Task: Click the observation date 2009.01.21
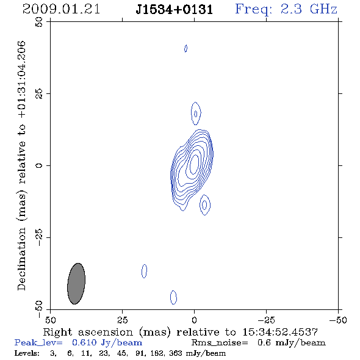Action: point(61,9)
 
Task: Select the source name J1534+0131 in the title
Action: point(175,10)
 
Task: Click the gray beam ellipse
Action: point(76,284)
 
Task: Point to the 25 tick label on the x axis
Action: point(122,320)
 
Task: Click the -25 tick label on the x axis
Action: point(266,320)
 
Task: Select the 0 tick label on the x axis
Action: point(194,320)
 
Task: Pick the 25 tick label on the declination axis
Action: point(39,94)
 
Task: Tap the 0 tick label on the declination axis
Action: point(39,165)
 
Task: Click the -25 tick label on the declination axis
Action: point(39,237)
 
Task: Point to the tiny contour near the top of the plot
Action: point(185,48)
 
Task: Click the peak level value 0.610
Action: point(84,342)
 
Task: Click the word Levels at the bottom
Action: point(27,353)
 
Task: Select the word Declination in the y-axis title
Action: point(21,259)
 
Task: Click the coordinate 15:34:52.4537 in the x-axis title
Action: point(280,332)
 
